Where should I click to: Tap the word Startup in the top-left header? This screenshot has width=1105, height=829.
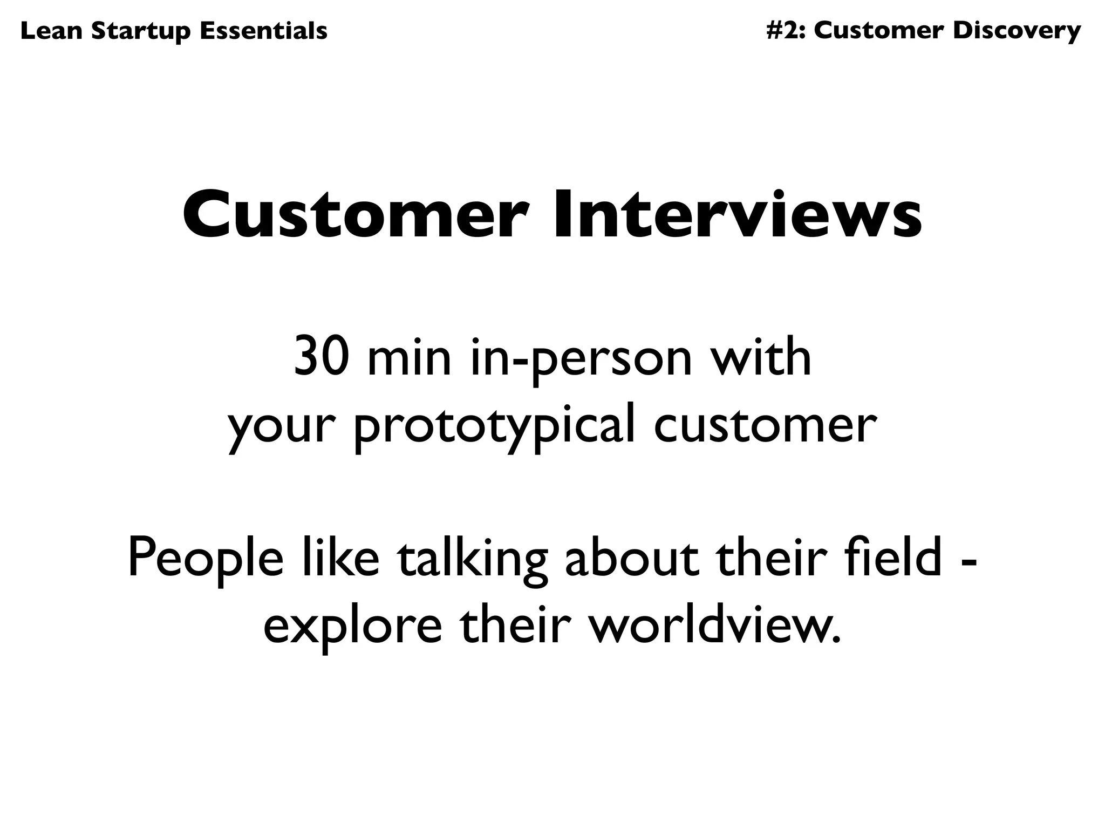141,31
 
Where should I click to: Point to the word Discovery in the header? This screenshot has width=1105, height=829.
1017,31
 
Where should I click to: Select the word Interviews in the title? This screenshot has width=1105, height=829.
738,214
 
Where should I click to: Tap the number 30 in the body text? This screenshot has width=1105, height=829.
319,357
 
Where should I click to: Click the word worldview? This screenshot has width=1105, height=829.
714,626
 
